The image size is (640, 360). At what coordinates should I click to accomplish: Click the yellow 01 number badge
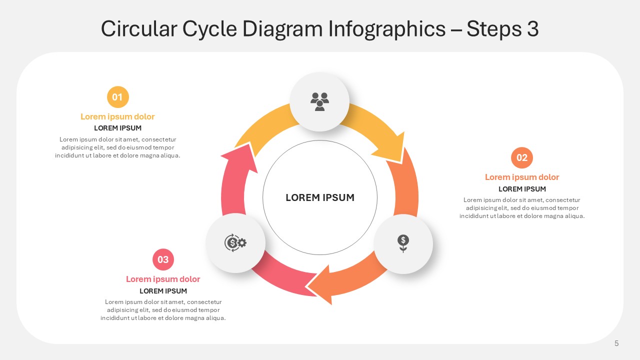(118, 97)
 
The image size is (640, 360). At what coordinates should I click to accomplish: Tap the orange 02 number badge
(522, 157)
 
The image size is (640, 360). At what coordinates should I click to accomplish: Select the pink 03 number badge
(163, 259)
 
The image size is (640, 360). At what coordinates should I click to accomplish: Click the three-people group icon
(319, 101)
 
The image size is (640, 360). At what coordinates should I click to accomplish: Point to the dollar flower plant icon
(403, 243)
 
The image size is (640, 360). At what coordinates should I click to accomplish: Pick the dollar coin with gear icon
(235, 243)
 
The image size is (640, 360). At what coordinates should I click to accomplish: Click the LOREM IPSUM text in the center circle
(320, 197)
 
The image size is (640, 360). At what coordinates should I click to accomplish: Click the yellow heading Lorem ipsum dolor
(117, 116)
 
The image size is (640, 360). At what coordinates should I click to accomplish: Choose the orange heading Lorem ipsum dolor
(522, 177)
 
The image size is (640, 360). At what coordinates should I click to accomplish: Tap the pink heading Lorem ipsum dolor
(163, 279)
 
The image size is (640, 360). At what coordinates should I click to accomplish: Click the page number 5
(616, 343)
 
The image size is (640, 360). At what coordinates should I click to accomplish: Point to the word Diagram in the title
(282, 29)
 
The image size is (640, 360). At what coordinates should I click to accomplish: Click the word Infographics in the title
(387, 29)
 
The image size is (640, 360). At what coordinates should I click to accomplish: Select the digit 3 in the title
(533, 29)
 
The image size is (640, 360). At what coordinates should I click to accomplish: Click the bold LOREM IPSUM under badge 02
(522, 189)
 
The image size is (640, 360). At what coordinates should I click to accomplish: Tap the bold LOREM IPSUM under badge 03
(163, 291)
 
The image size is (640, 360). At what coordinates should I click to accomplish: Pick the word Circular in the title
(139, 28)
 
